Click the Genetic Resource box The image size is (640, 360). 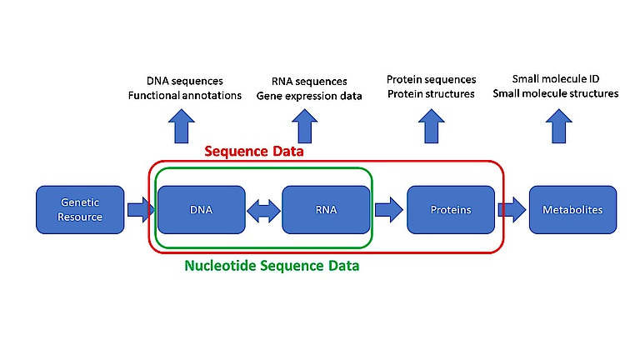point(80,210)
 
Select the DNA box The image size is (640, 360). point(201,210)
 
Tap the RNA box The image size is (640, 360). point(326,210)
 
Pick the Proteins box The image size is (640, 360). point(451,210)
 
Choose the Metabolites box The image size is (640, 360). point(572,210)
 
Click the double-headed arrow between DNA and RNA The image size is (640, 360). point(263,211)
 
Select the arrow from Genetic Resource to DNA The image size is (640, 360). point(141,210)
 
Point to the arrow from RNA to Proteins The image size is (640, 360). point(389,210)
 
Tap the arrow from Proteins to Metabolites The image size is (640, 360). point(512,210)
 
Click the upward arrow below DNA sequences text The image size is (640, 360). point(182,126)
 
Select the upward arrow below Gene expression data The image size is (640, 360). point(304,126)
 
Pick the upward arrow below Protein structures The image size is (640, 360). point(432,126)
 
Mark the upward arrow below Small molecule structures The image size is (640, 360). point(559,126)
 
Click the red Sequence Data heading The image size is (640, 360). point(254,152)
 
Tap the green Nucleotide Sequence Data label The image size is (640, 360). point(272,266)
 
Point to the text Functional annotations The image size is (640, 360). point(185,96)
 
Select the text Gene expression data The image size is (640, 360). point(309,96)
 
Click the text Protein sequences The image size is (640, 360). point(432,79)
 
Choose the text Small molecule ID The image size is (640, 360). point(556,79)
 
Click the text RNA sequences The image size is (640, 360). point(309,81)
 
